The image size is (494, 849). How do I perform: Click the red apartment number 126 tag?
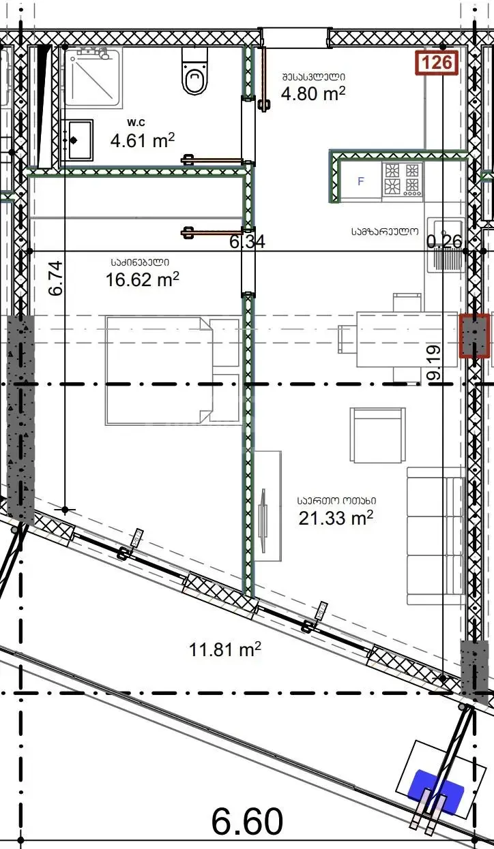(436, 63)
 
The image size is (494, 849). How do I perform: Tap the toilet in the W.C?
(194, 72)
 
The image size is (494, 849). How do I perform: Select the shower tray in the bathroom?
(93, 77)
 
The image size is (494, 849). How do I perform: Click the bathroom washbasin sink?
(76, 140)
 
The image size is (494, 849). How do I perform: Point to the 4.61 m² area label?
(143, 140)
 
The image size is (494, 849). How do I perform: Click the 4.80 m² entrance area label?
(313, 93)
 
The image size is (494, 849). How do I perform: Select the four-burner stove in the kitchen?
(402, 179)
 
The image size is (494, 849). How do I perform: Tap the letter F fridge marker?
(361, 181)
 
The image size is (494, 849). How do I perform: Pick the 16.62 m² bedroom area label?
(143, 280)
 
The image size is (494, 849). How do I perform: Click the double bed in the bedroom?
(173, 370)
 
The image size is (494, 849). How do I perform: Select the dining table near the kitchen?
(407, 339)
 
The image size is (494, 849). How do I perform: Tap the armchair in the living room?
(377, 435)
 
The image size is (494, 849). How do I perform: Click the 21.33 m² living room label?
(336, 518)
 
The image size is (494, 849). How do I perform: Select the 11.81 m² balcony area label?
(225, 649)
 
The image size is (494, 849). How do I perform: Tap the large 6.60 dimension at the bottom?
(247, 820)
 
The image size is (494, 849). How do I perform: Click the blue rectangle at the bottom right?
(435, 786)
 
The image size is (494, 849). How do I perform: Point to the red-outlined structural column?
(474, 335)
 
